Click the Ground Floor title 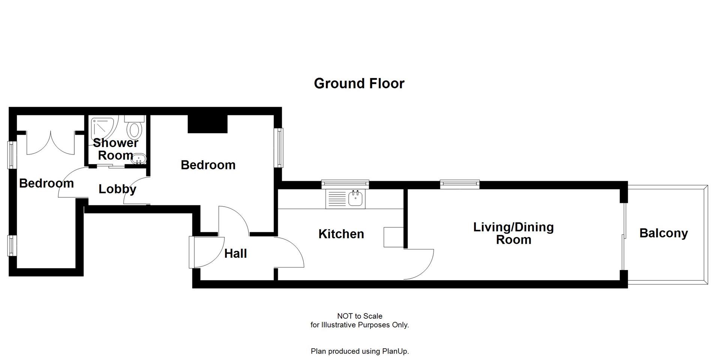click(359, 83)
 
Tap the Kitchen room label click(341, 234)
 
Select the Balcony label click(663, 233)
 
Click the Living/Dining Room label click(513, 233)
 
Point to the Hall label click(235, 253)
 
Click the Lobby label click(117, 189)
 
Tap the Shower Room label click(115, 148)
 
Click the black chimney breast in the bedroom click(207, 124)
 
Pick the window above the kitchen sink click(345, 184)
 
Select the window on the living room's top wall click(460, 184)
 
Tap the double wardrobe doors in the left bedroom click(51, 144)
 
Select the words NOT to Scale click(359, 316)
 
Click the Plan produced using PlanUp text click(359, 351)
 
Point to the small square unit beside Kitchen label click(393, 237)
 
